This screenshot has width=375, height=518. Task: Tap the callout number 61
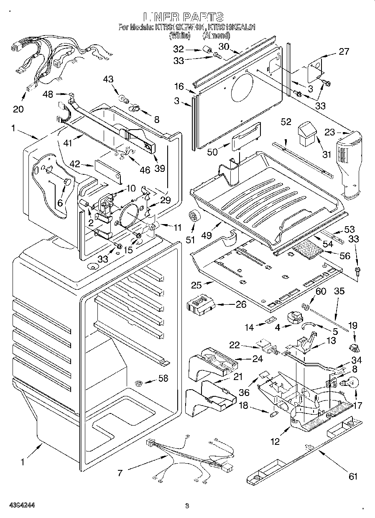(x=353, y=476)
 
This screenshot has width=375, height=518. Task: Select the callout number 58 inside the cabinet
(x=163, y=378)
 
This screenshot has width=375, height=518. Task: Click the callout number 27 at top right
(x=343, y=52)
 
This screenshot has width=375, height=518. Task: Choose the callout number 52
(x=286, y=122)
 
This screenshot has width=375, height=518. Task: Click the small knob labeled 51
(x=193, y=216)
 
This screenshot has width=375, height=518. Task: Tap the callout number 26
(x=241, y=304)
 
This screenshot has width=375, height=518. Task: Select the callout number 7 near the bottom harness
(x=120, y=473)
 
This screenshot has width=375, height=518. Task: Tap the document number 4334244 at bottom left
(x=17, y=505)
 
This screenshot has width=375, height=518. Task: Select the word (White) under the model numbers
(x=179, y=36)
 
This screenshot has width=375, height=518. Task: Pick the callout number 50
(x=212, y=152)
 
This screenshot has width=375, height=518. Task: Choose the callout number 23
(x=329, y=132)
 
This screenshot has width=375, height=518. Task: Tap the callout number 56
(x=345, y=256)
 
